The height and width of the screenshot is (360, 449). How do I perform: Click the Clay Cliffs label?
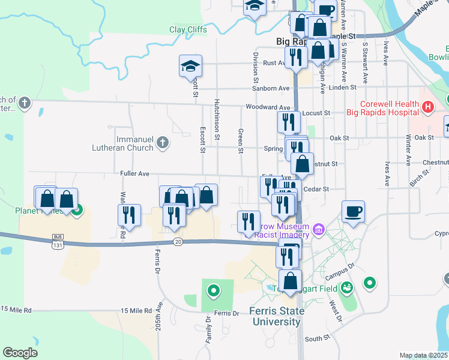point(188,29)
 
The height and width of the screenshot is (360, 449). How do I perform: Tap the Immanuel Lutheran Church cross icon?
point(162,143)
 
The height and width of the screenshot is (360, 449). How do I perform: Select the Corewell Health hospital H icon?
point(427,108)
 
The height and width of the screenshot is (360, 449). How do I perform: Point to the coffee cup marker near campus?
point(354,211)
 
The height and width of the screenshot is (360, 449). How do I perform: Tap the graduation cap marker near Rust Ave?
point(190,67)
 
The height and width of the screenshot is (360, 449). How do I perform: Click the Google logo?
point(20,353)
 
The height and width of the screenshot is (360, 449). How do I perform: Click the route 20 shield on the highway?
point(178,241)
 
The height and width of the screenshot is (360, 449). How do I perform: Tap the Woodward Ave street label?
point(268,107)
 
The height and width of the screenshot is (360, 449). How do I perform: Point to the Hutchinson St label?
point(217,120)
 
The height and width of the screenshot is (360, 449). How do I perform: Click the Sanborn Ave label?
point(273,88)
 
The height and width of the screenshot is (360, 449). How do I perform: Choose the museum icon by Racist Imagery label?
point(318,229)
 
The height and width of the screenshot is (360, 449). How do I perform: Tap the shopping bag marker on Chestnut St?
point(302,164)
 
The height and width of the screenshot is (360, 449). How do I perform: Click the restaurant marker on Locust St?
point(289,122)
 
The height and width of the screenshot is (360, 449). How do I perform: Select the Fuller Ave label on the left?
point(134,173)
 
